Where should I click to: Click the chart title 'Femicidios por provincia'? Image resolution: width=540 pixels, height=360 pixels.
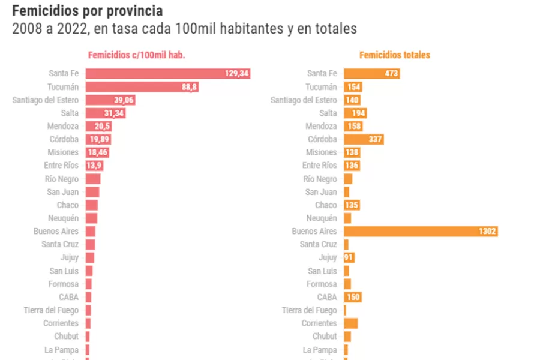[x=87, y=11]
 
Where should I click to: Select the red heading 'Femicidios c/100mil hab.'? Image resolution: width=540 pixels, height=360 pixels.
[x=136, y=55]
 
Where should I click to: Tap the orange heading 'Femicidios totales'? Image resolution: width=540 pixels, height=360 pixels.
[x=394, y=55]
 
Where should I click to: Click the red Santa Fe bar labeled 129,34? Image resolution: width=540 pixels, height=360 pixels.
[x=167, y=73]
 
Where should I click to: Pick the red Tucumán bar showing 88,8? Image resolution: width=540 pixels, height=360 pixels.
[x=142, y=87]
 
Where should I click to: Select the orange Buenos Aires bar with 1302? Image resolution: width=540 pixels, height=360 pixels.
[x=421, y=232]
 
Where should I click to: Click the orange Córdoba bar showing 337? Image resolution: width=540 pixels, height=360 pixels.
[x=364, y=139]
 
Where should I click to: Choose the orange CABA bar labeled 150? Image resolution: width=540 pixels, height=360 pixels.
[x=353, y=297]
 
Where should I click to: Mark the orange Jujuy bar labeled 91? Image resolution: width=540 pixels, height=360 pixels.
[x=349, y=258]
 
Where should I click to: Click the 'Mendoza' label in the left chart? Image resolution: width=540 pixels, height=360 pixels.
[x=63, y=126]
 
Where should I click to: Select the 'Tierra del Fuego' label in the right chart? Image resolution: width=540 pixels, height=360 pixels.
[x=310, y=310]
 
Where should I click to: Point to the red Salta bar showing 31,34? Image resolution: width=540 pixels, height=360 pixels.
[x=106, y=113]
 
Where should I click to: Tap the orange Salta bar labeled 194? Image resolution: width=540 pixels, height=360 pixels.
[x=355, y=113]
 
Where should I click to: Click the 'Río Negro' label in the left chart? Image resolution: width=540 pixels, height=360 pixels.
[x=61, y=179]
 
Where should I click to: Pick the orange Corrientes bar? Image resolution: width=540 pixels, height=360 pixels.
[x=350, y=323]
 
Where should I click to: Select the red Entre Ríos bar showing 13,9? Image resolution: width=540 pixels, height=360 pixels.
[x=95, y=166]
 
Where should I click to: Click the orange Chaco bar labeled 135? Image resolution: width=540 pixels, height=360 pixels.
[x=352, y=205]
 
